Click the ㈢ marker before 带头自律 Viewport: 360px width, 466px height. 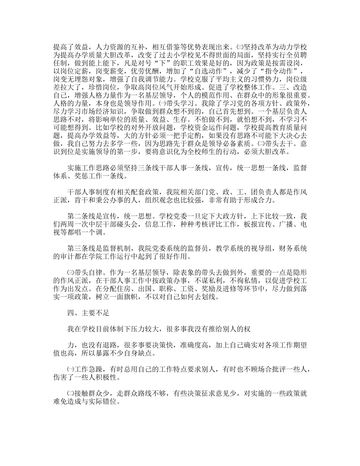(x=70, y=272)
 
